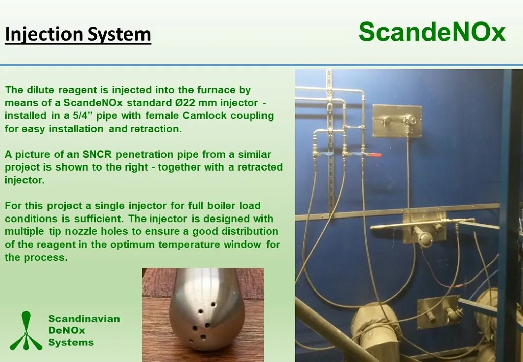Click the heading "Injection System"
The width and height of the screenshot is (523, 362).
pyautogui.click(x=78, y=35)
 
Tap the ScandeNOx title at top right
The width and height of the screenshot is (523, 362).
pyautogui.click(x=432, y=32)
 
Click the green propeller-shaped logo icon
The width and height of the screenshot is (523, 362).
pyautogui.click(x=26, y=331)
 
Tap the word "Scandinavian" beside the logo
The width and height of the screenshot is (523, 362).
pyautogui.click(x=84, y=318)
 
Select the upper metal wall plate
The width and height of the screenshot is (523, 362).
pyautogui.click(x=398, y=120)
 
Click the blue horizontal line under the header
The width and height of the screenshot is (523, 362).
pyautogui.click(x=261, y=65)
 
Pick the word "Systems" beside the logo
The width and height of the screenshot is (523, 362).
pyautogui.click(x=71, y=342)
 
